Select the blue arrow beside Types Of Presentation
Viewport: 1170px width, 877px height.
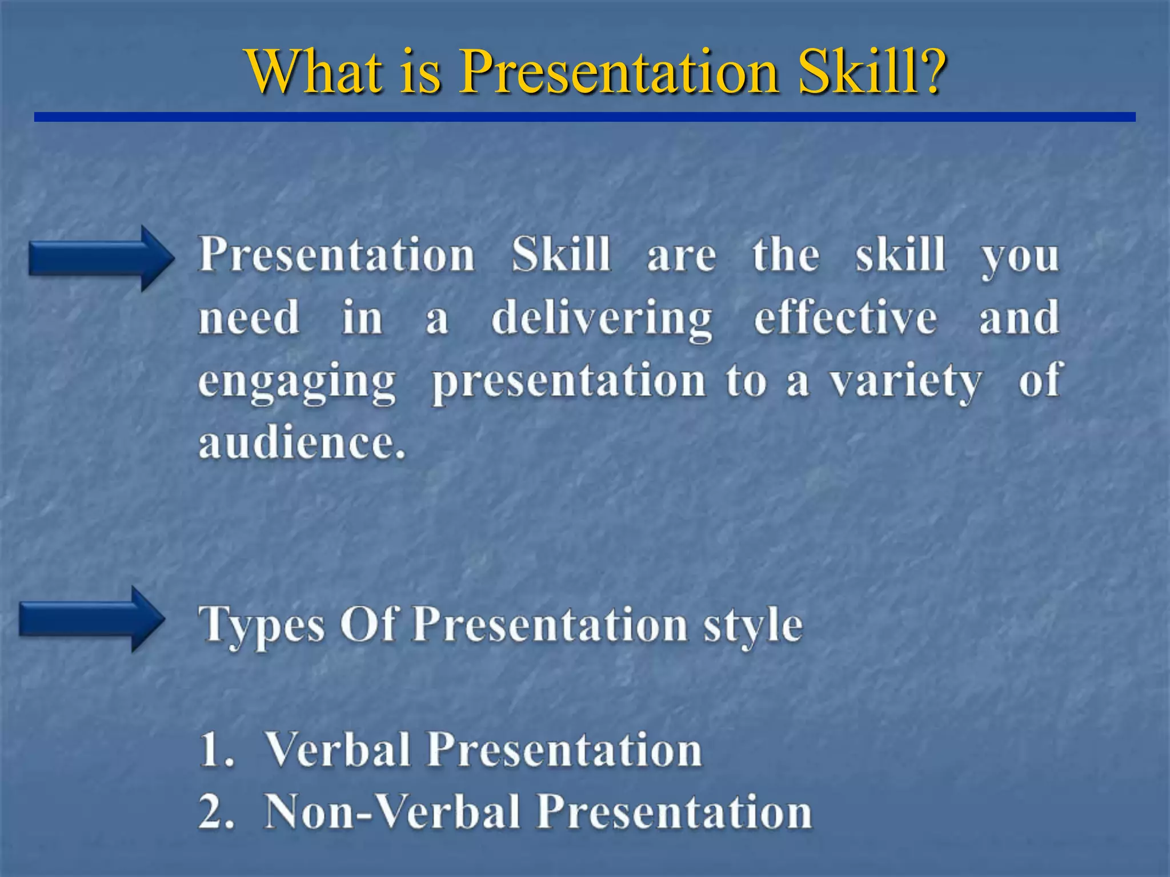click(91, 619)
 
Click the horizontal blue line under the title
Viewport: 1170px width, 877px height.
click(584, 117)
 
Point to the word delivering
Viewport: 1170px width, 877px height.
click(602, 319)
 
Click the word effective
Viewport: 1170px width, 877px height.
click(846, 317)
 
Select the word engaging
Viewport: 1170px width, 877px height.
click(297, 383)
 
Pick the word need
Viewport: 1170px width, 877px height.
click(249, 318)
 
